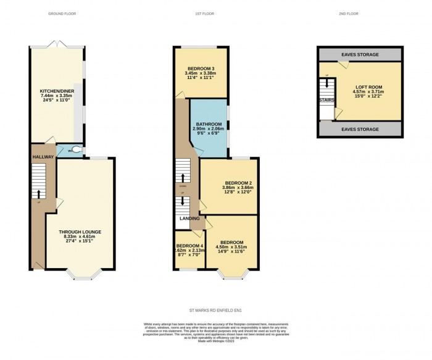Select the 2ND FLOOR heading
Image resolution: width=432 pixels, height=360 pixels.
coord(349,14)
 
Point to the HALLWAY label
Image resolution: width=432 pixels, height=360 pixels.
coord(44,157)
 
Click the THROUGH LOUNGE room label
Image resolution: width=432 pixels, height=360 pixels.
coord(80,232)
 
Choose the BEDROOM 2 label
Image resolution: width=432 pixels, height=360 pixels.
coord(238,183)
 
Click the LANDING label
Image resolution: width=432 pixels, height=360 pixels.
coord(189,219)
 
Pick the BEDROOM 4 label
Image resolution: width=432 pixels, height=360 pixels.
coord(189,245)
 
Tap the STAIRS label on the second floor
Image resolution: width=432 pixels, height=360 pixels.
coord(327,99)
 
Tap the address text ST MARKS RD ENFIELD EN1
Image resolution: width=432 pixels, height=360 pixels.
coord(215,311)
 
